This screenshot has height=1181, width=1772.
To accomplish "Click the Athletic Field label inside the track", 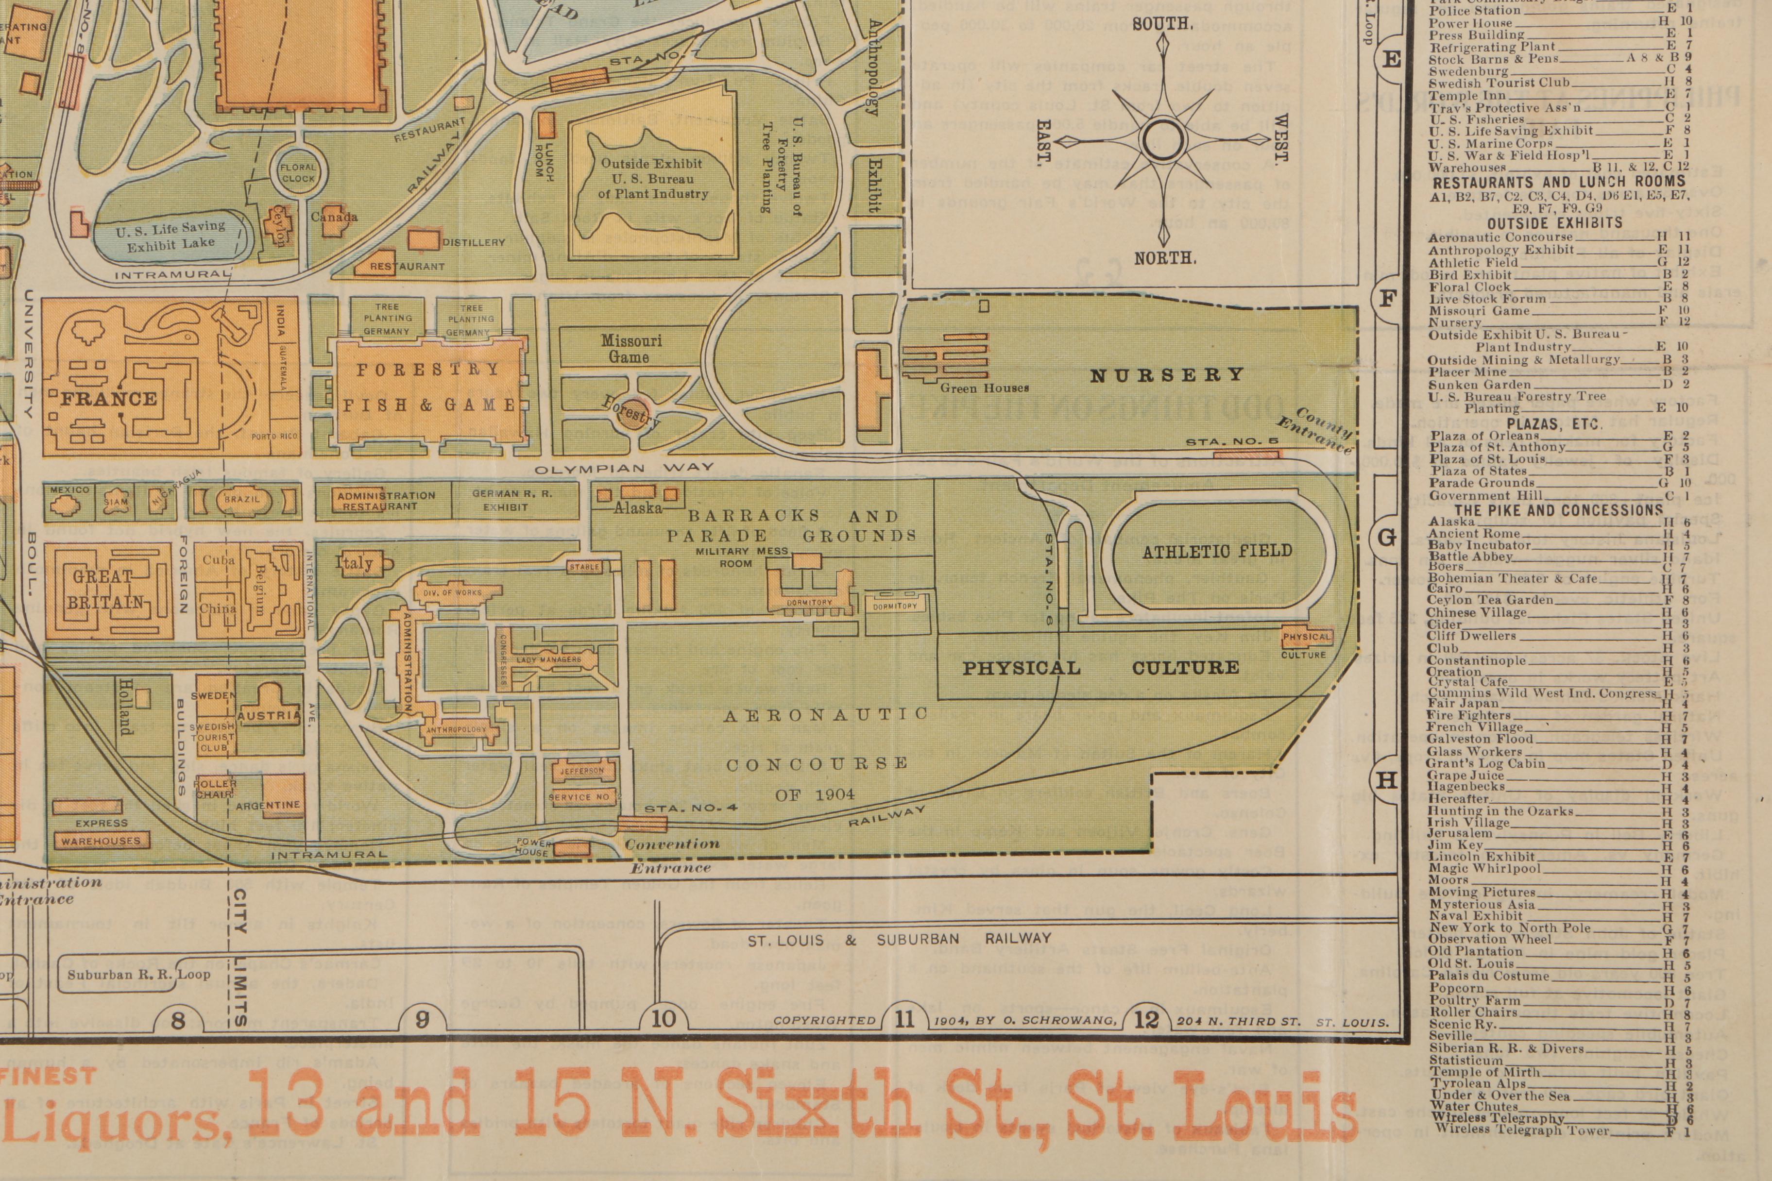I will [x=1217, y=551].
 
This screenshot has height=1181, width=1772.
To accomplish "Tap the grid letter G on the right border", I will [x=1387, y=538].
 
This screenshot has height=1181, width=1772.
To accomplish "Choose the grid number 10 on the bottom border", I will [x=663, y=1019].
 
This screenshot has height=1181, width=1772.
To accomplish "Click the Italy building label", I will [x=358, y=563].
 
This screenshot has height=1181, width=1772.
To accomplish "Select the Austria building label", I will [x=270, y=715].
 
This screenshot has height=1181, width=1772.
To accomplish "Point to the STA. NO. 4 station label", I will [x=689, y=808].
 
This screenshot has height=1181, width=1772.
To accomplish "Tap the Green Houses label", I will [x=984, y=388].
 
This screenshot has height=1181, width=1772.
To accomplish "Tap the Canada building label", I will [x=335, y=217].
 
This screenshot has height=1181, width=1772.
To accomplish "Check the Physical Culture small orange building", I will [x=1306, y=637].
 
